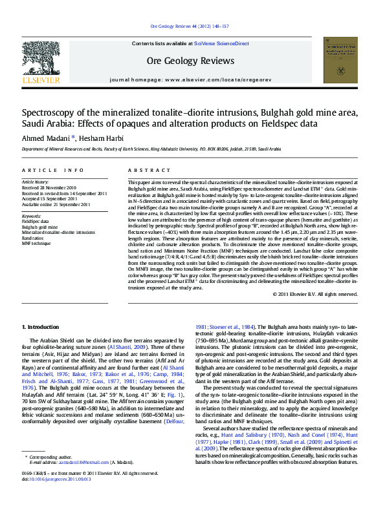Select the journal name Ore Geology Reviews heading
[x=190, y=61]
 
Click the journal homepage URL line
[x=190, y=78]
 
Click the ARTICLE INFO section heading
[x=53, y=171]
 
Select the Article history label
[x=36, y=183]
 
